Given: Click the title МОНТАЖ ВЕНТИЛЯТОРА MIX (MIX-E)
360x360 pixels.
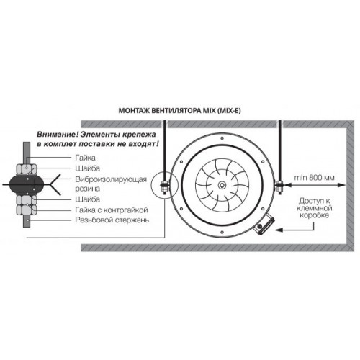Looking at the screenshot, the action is click(179, 111).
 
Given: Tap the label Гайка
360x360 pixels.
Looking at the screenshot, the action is click(85, 158).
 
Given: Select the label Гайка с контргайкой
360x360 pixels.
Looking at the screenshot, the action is click(112, 210).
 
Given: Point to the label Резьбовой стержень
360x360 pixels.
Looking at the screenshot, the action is click(112, 220).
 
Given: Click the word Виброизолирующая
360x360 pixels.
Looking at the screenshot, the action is click(111, 179).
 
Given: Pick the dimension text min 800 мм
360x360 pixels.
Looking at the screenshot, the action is click(314, 178).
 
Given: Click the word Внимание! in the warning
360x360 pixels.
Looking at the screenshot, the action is click(58, 135).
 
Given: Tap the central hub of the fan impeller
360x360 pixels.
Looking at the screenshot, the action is click(222, 185).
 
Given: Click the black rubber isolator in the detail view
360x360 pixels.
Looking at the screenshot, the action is click(27, 184).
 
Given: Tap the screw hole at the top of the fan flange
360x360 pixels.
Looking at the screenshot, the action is click(222, 138).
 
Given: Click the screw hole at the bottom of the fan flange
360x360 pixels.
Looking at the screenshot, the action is click(222, 232).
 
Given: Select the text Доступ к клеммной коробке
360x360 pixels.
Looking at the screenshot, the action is click(314, 208).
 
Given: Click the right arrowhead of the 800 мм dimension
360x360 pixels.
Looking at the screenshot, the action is click(343, 185).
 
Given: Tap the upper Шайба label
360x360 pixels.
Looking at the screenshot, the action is click(87, 168).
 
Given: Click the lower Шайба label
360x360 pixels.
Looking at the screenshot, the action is click(87, 199).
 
